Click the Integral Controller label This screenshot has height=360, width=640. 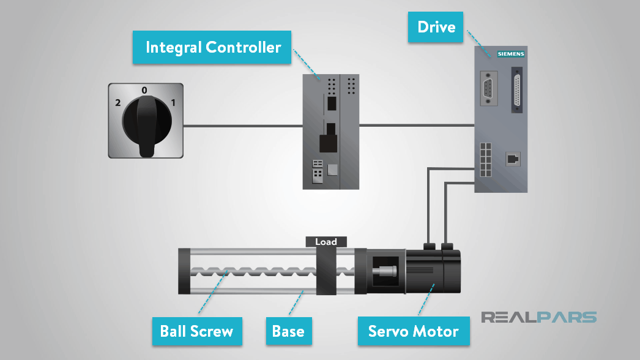[x=213, y=47]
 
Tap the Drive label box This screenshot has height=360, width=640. [x=436, y=27]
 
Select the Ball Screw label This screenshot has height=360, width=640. [x=196, y=331]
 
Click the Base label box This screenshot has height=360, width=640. [x=288, y=331]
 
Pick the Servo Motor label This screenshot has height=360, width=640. [x=413, y=331]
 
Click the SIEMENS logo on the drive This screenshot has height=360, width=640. [x=510, y=54]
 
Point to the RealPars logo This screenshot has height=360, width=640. [x=538, y=317]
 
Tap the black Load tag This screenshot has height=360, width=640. [x=326, y=242]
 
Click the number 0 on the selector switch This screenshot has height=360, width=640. [x=144, y=91]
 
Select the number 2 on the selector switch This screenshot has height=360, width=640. [x=117, y=103]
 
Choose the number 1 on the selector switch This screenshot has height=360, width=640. [x=173, y=103]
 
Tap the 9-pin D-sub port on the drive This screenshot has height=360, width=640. [x=489, y=89]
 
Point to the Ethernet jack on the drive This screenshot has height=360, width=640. [x=512, y=159]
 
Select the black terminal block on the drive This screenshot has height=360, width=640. [x=486, y=160]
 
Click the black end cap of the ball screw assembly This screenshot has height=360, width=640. [x=183, y=271]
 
